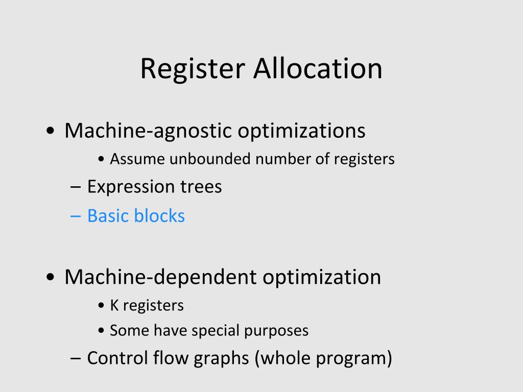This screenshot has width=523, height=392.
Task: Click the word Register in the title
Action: coord(193,69)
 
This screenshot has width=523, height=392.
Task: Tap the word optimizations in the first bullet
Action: coord(301,131)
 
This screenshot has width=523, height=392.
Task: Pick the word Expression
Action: coord(124,187)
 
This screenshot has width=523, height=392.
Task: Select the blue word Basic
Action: coord(108,216)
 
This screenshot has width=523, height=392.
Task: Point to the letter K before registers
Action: coord(114,306)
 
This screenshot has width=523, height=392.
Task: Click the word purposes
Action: coord(276,331)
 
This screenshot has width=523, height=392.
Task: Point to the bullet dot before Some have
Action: coord(101,331)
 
